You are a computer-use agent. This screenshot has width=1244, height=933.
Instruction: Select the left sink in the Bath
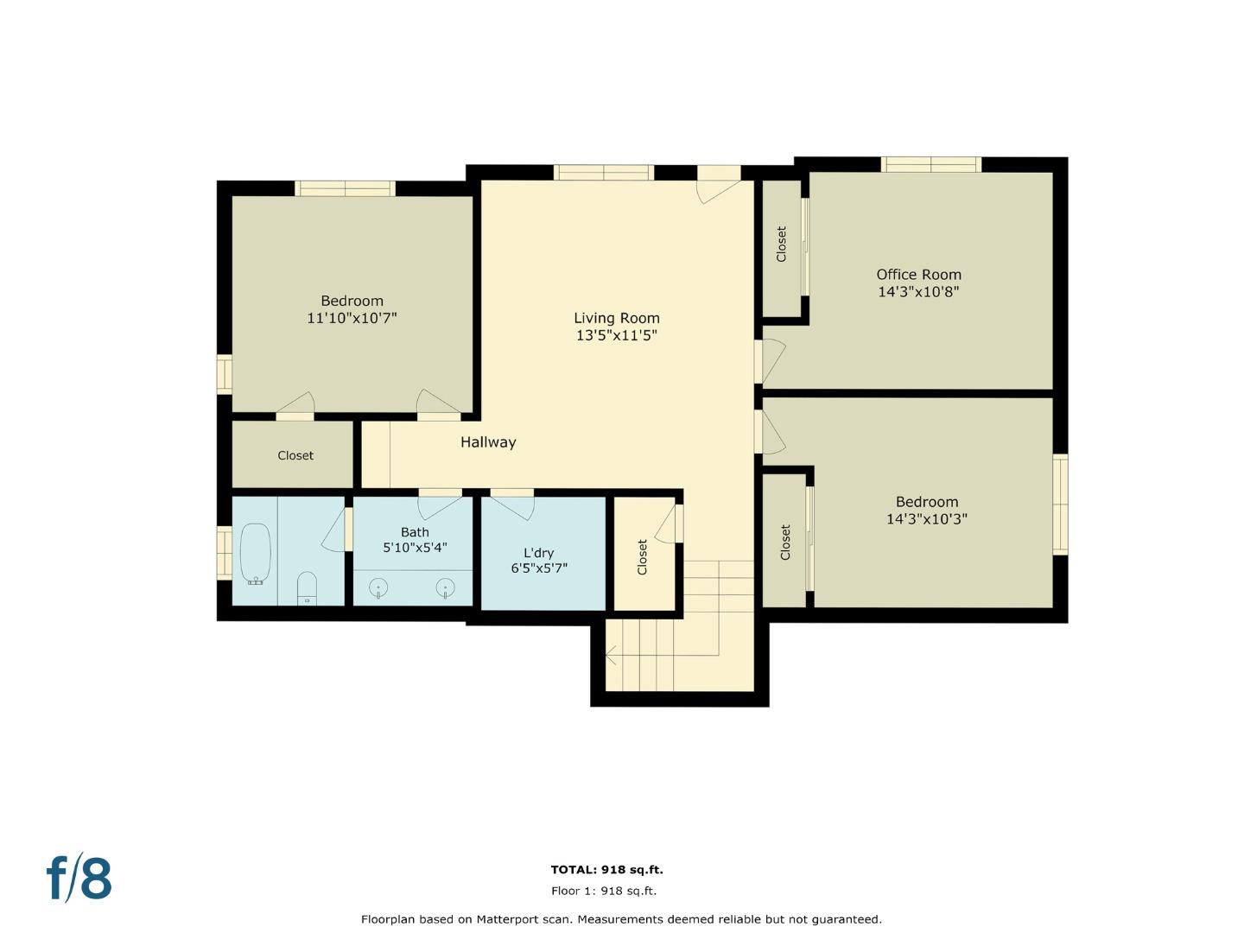(378, 589)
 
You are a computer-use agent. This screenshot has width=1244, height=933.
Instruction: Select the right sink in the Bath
(446, 589)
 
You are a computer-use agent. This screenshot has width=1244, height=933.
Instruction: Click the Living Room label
(617, 318)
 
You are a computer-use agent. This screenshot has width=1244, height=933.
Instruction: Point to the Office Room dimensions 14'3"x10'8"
(918, 292)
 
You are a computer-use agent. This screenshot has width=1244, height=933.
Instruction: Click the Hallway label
(488, 442)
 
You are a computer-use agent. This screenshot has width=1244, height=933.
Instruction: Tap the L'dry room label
(538, 553)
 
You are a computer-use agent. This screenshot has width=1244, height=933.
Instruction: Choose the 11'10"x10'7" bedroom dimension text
(352, 318)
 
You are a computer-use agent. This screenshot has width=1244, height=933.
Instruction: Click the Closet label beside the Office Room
(782, 244)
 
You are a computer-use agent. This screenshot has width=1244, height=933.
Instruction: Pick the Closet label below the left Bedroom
(295, 455)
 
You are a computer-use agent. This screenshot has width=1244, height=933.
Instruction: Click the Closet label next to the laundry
(643, 557)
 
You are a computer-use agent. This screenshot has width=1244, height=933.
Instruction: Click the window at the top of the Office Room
(931, 164)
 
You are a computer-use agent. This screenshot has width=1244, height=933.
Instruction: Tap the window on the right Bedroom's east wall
(1060, 504)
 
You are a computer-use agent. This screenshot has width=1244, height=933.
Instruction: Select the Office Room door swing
(772, 359)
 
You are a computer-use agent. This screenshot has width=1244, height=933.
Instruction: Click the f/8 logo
(79, 879)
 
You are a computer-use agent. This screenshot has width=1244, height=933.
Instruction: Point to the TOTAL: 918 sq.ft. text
(607, 870)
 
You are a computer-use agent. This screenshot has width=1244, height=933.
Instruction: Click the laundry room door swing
(513, 505)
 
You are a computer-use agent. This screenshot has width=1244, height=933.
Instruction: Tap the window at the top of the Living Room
(603, 173)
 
